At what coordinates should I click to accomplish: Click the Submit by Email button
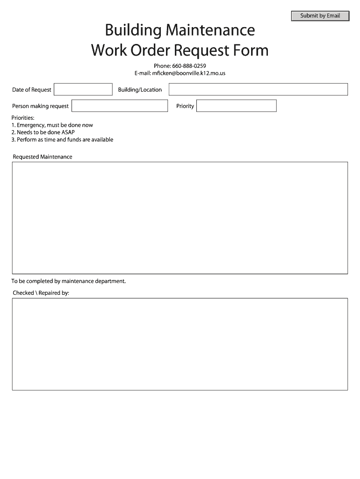tap(320, 16)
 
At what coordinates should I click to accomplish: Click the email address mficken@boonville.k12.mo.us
tap(189, 73)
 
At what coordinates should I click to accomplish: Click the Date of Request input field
tap(83, 89)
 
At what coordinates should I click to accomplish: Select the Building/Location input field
tap(258, 89)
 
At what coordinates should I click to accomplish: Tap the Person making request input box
tap(120, 106)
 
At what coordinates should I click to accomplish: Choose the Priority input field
tap(236, 106)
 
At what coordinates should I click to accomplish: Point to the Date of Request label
tap(32, 90)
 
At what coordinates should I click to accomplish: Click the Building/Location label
tap(140, 90)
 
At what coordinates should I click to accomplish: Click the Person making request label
tap(40, 106)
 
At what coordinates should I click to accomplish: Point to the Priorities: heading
tap(23, 118)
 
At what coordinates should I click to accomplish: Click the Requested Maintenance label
tap(43, 157)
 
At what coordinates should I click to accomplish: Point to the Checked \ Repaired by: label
tap(41, 293)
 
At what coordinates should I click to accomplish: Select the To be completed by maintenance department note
tap(69, 281)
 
